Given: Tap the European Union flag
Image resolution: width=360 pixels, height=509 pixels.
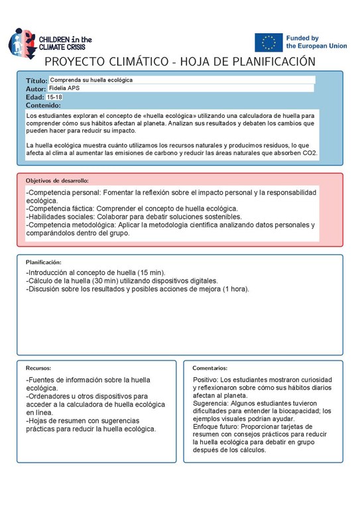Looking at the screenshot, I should coord(269,42).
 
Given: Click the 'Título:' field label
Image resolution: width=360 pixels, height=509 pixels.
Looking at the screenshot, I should coord(36,80).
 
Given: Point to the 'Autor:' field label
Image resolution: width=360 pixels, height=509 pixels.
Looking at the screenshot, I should coord(36,88).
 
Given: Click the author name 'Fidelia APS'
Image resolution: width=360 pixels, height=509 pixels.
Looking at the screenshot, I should coord(64,88).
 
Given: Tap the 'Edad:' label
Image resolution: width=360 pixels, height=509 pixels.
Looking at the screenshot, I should coord(35,97).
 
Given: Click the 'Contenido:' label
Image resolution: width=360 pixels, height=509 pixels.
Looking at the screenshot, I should coord(43,105).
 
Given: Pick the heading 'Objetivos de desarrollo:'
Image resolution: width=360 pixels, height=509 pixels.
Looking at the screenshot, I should coord(57,180).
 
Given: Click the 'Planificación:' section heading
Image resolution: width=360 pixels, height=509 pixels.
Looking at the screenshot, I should coord(43,262).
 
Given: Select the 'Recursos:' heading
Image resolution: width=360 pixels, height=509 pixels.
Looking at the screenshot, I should coord(38,368).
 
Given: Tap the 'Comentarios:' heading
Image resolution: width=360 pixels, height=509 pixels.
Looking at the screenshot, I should coord(210,368).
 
